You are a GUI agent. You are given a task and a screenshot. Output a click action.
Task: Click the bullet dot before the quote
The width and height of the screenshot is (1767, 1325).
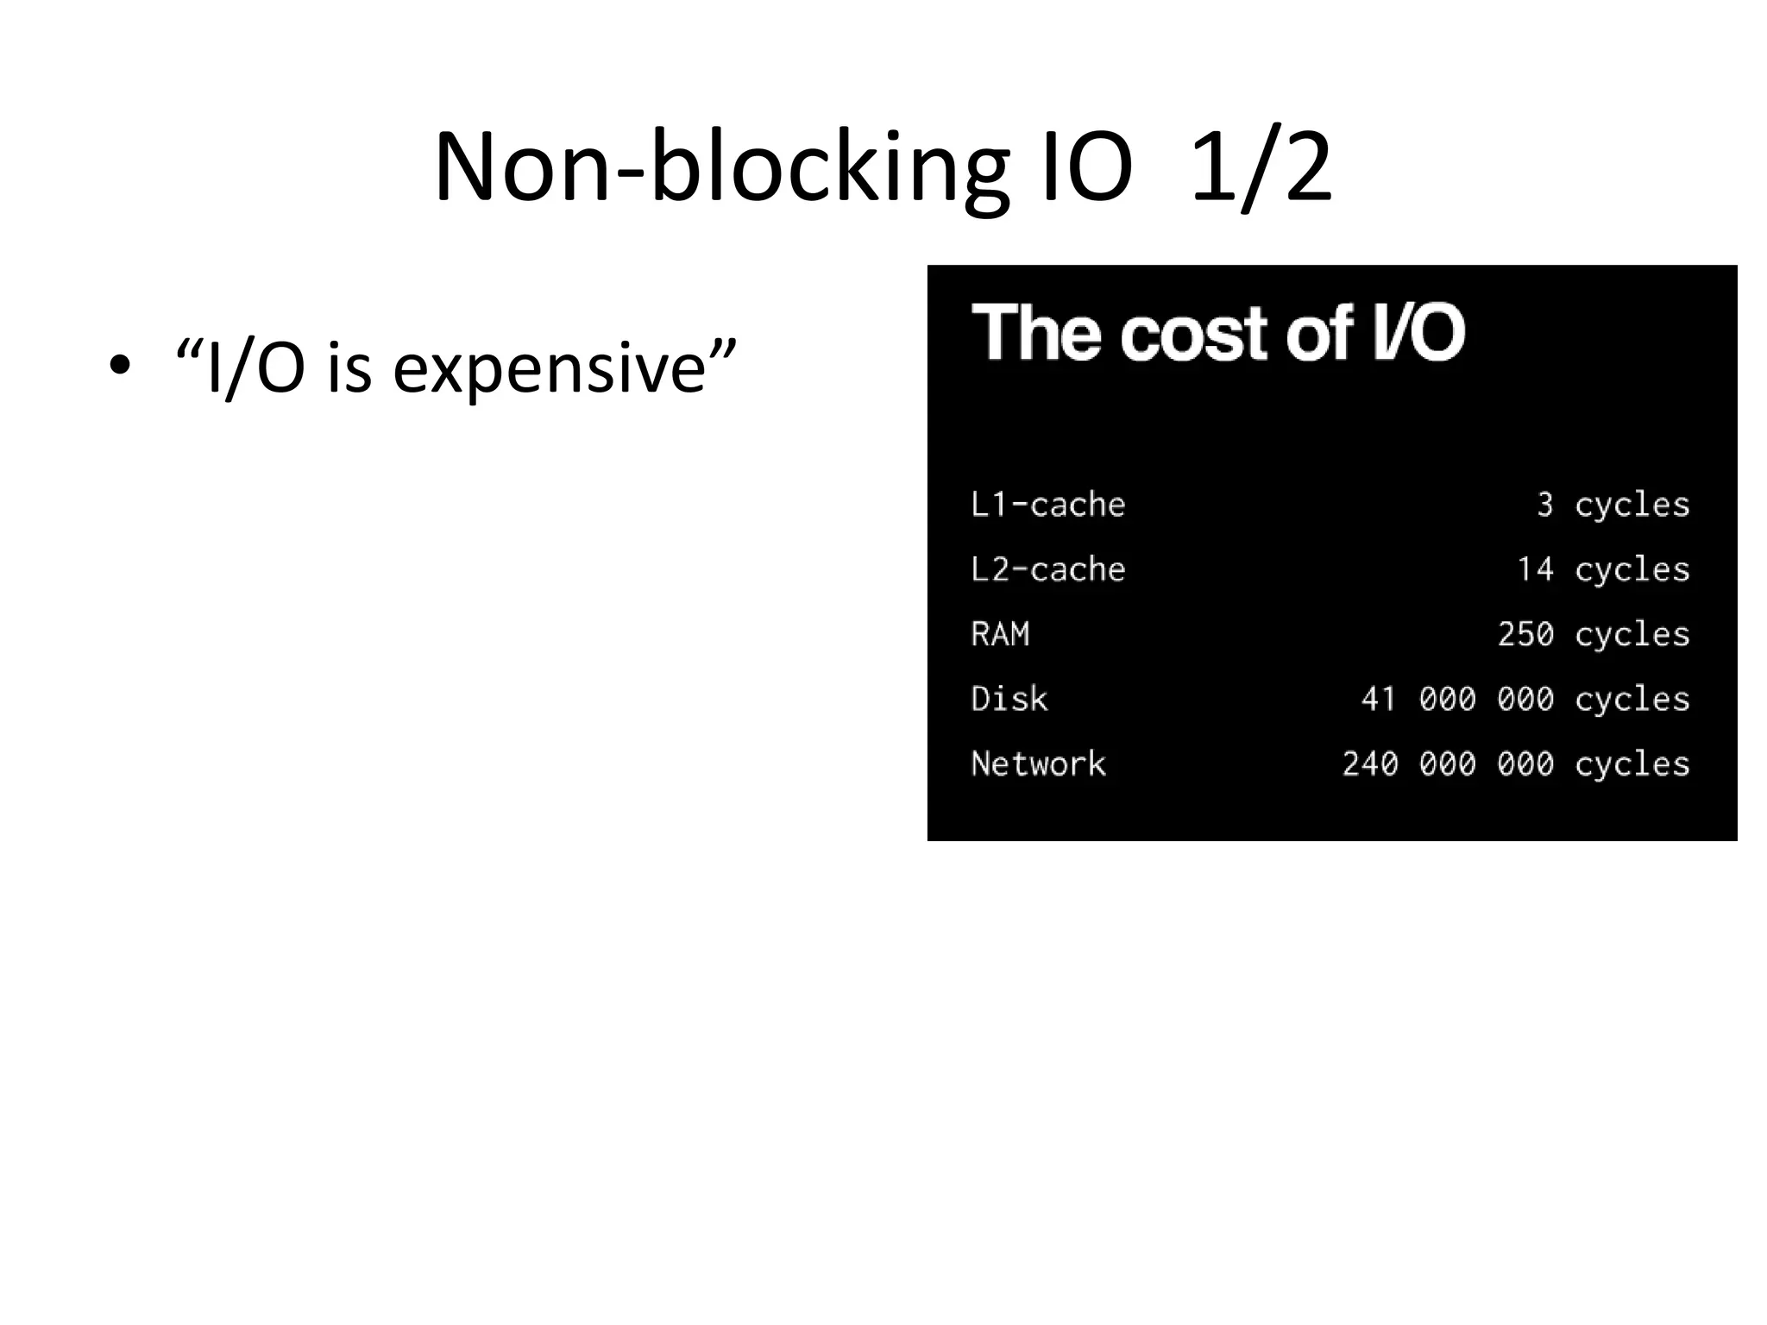(120, 365)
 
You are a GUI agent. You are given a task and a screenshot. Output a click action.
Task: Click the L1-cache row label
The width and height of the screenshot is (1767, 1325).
(1047, 505)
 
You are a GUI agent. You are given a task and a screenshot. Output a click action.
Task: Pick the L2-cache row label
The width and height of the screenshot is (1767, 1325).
(1047, 569)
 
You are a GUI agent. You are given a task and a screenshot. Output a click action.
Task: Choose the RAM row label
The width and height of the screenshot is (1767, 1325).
(1000, 634)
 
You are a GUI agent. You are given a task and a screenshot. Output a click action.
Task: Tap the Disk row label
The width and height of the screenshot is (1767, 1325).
(1009, 699)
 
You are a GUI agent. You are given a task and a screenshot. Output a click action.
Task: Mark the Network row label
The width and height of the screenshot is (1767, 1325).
(1038, 763)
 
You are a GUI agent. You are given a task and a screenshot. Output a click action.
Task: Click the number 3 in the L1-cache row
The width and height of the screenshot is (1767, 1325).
(1544, 505)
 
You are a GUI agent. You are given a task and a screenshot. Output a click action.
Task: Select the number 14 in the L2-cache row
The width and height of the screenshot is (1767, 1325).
(1535, 569)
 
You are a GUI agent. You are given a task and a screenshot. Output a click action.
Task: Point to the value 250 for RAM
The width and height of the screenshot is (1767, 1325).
(1525, 634)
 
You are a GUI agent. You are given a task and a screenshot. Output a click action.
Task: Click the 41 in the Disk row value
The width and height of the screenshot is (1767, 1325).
(1379, 699)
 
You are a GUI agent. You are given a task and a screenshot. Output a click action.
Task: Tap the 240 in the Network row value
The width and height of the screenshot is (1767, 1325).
(1370, 763)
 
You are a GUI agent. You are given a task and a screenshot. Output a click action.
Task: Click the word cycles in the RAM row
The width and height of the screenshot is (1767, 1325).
(1632, 634)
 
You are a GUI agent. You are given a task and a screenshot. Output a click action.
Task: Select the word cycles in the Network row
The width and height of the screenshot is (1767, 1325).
(1632, 763)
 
